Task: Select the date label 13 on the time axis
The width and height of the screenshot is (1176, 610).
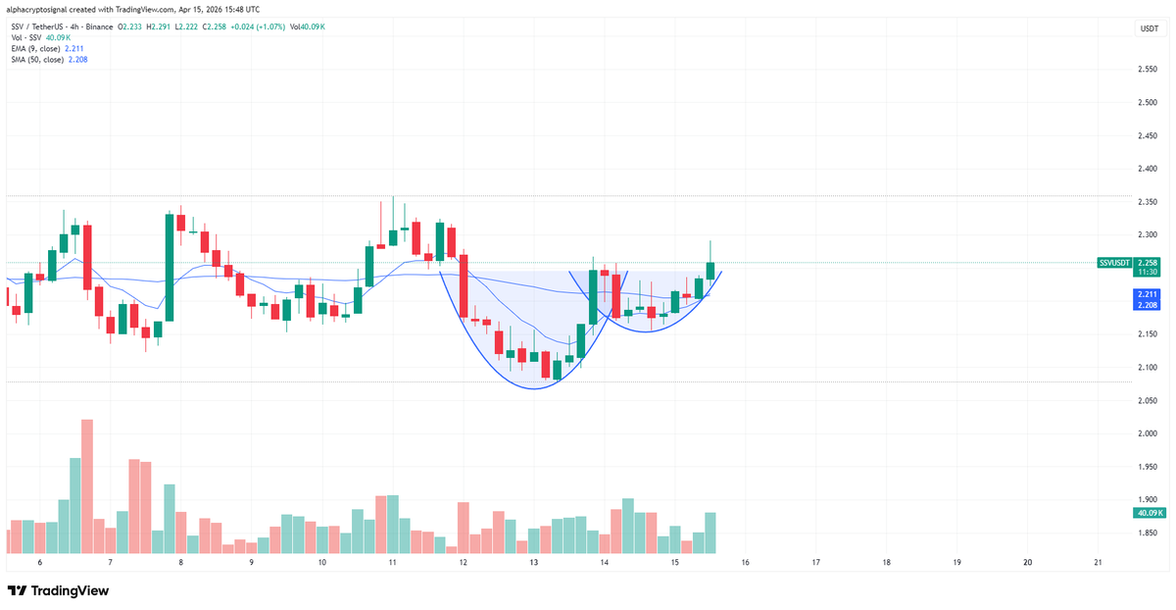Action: [534, 563]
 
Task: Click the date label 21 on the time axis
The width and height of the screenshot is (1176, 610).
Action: [1098, 563]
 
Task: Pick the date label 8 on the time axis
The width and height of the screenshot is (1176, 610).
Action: [181, 563]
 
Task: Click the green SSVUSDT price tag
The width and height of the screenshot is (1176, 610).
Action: [1115, 263]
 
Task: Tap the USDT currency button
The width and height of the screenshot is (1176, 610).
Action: [1148, 29]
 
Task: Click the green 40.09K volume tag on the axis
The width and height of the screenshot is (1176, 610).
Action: [1148, 513]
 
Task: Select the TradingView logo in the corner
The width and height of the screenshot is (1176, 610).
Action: [59, 590]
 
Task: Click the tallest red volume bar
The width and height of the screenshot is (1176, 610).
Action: [87, 486]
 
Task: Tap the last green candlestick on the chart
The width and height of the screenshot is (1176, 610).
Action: [710, 271]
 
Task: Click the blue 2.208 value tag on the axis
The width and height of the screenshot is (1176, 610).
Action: [1148, 306]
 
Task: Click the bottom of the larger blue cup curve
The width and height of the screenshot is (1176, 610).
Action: [533, 388]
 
